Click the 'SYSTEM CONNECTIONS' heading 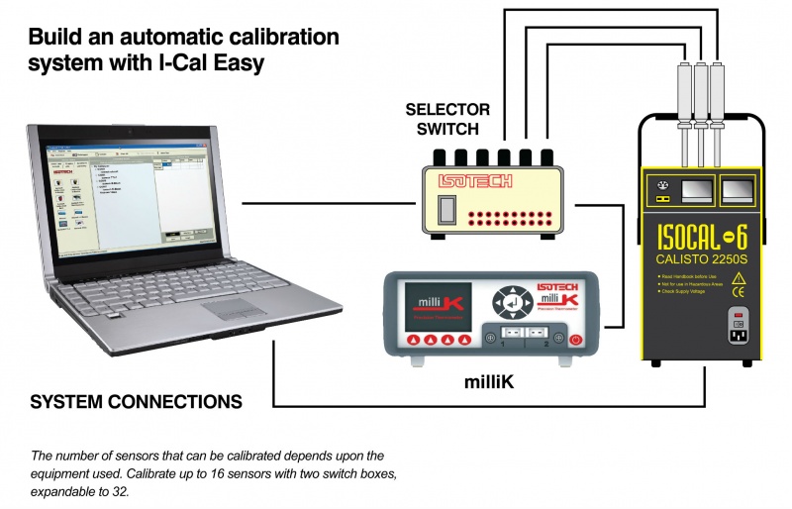[x=136, y=403]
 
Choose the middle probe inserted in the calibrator [x=700, y=99]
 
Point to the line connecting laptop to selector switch [x=327, y=204]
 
